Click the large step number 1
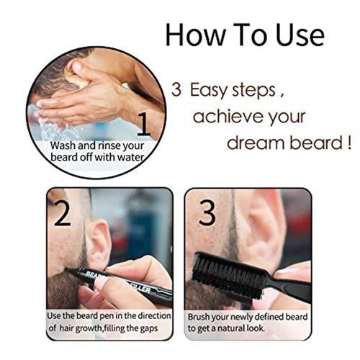pos(144,124)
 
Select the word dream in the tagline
pos(257,142)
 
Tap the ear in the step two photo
pos(97,241)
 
